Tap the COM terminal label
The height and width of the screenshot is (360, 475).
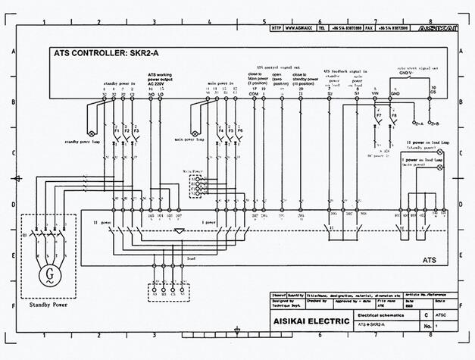coord(254,93)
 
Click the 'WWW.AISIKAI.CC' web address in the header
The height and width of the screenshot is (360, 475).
coord(302,27)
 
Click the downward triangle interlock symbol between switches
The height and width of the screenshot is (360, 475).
coord(178,229)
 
